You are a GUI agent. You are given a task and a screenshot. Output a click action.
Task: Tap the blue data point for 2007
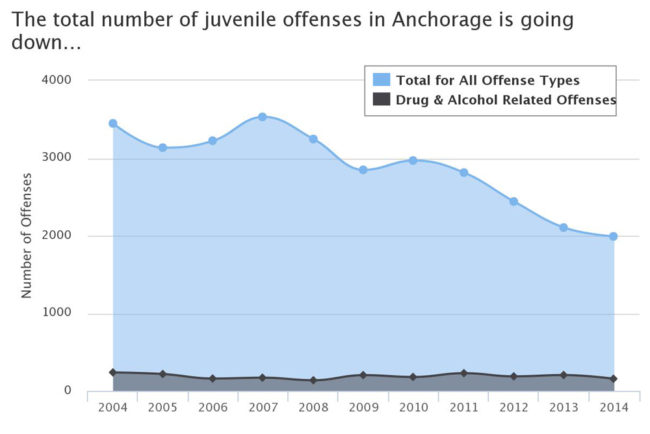[262, 117]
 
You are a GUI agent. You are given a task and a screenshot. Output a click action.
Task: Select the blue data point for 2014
[613, 236]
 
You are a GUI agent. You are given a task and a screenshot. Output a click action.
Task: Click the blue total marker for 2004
[113, 123]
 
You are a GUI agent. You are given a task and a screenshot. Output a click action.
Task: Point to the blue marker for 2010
[413, 160]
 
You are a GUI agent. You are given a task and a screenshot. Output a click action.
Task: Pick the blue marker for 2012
[514, 201]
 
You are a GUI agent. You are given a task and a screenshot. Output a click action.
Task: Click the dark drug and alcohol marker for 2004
[113, 372]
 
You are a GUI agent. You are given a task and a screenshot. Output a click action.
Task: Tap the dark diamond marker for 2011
[464, 373]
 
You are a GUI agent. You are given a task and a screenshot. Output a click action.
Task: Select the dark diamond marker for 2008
[313, 380]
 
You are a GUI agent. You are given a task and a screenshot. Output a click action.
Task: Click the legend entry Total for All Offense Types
[488, 80]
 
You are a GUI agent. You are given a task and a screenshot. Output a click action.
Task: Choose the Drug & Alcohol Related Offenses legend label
[506, 100]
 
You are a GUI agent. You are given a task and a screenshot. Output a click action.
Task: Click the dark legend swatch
[381, 99]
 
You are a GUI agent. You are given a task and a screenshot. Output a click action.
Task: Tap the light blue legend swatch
[381, 80]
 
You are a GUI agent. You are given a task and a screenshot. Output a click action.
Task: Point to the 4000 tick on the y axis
[56, 80]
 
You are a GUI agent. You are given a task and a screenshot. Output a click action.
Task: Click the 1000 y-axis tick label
[56, 312]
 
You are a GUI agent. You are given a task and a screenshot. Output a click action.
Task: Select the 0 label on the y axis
[68, 390]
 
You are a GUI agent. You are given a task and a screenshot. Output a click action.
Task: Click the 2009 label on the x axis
[364, 407]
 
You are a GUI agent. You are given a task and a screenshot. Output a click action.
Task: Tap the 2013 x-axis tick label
[564, 407]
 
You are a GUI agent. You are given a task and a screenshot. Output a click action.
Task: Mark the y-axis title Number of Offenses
[26, 235]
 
